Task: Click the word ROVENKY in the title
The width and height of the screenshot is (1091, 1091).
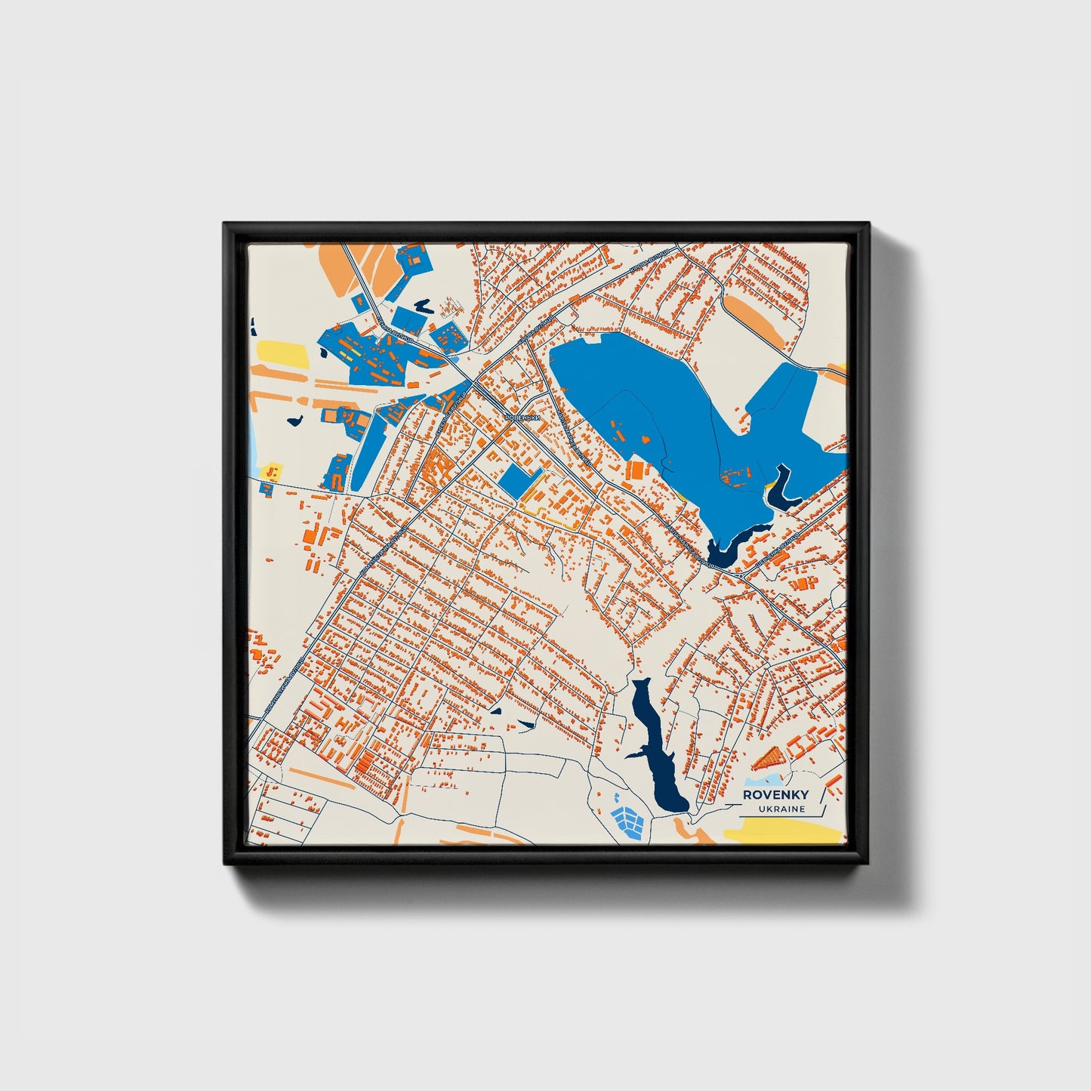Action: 775,794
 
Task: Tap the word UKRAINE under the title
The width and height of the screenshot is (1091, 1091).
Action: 781,809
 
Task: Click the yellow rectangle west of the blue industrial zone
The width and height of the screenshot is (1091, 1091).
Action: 282,352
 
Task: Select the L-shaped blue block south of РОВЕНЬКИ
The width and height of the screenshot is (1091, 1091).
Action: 522,480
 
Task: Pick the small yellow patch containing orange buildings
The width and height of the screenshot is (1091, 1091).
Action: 273,471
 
